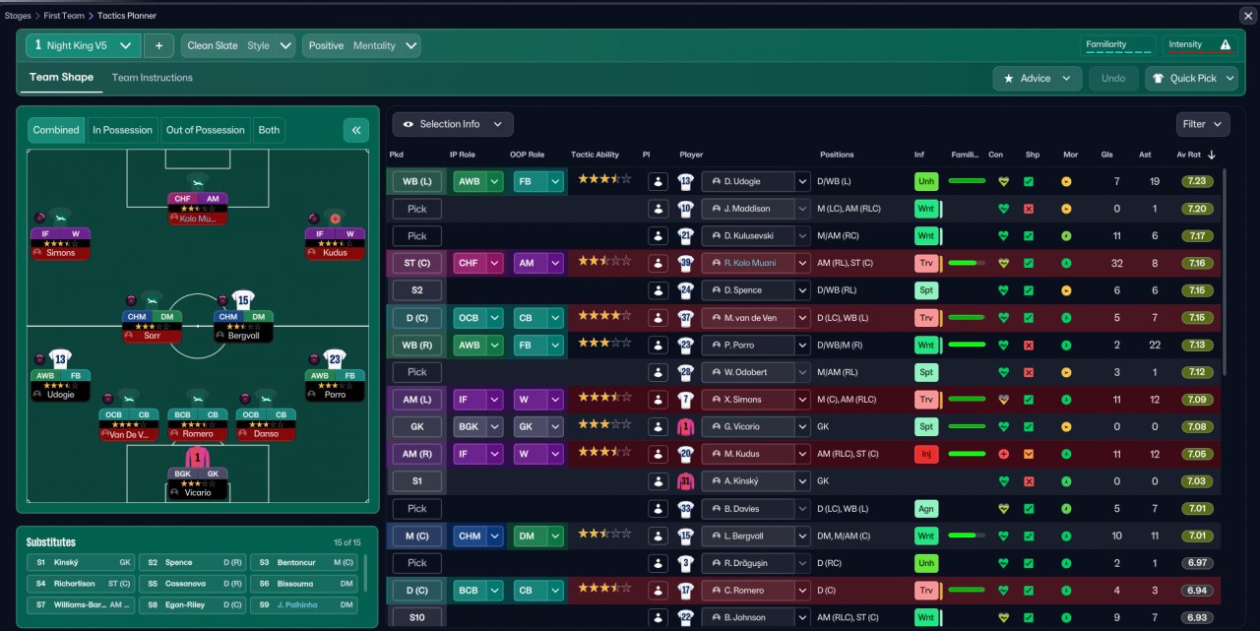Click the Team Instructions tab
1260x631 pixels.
point(152,78)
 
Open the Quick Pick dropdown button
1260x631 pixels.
point(1191,79)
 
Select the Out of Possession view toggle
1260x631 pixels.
point(205,130)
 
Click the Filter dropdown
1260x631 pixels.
point(1202,124)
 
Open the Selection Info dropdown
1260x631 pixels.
point(453,124)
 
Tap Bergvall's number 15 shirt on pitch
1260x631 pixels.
point(243,299)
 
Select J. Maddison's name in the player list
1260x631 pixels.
point(748,209)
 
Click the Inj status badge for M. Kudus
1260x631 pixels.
point(925,454)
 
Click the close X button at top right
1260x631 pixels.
point(1247,16)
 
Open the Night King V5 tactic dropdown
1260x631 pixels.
point(83,45)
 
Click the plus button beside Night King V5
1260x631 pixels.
point(158,45)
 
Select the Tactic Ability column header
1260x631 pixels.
point(595,155)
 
